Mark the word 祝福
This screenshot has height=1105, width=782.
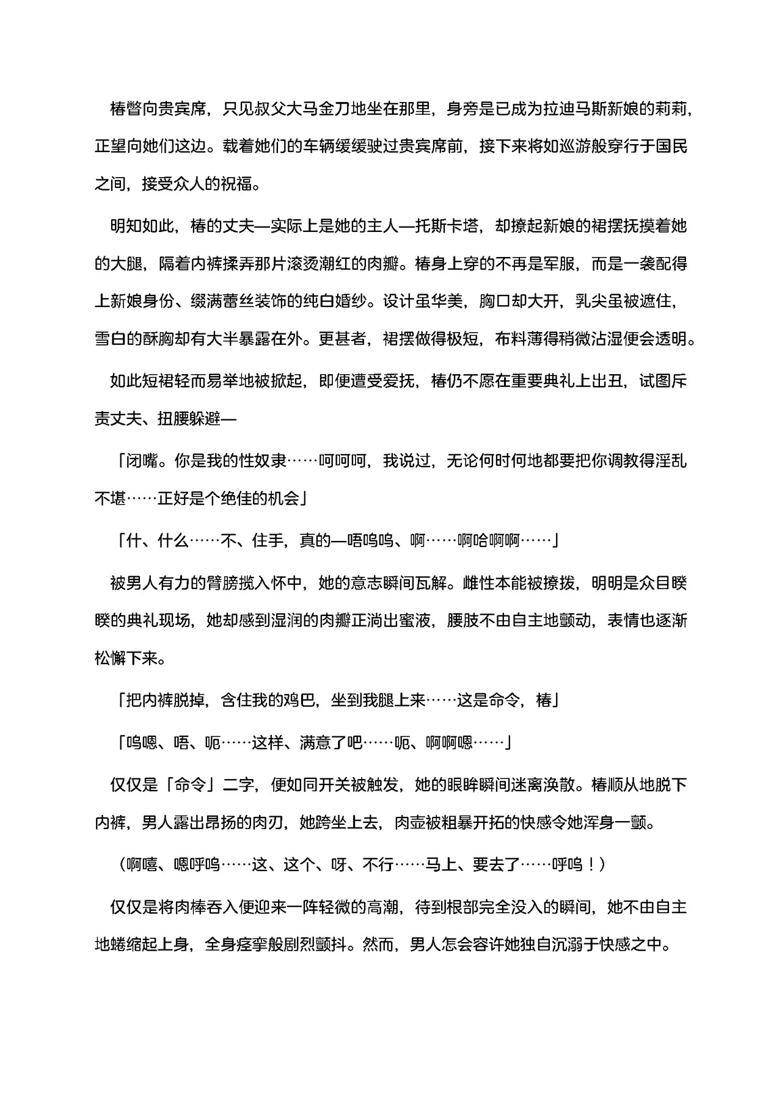[x=237, y=184]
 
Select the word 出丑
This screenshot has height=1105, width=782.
[x=607, y=382]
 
